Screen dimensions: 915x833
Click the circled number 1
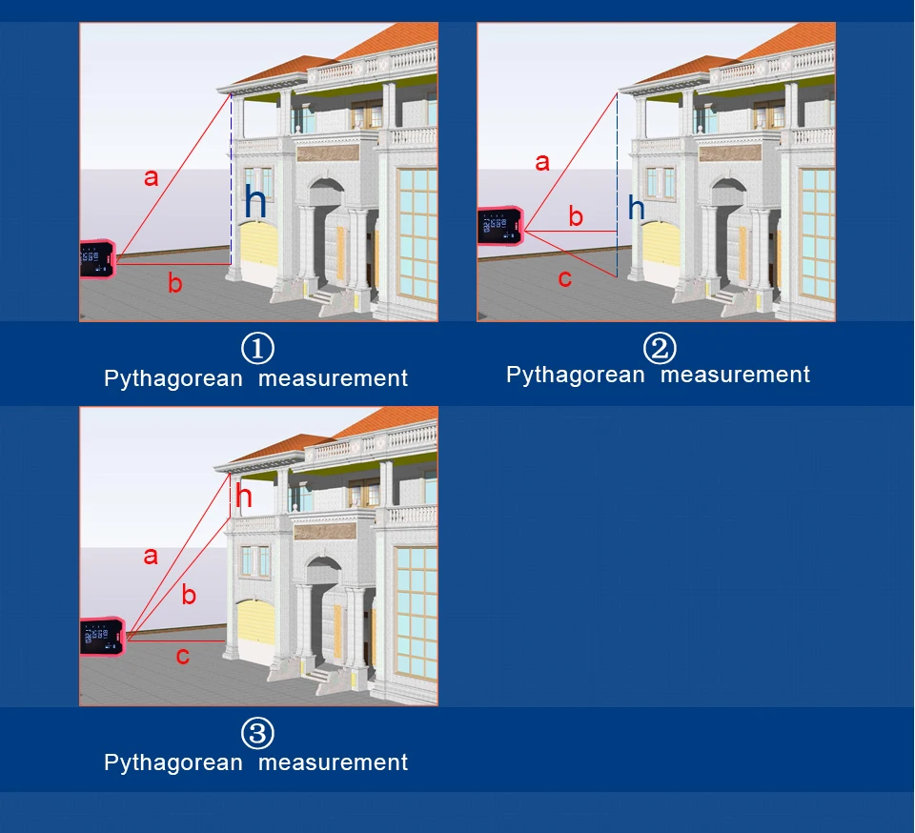[257, 348]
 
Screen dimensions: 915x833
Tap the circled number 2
[659, 348]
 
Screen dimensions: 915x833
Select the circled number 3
[257, 733]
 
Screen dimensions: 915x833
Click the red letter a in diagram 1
[151, 177]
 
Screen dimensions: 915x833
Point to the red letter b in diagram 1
[174, 283]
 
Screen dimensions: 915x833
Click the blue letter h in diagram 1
[255, 202]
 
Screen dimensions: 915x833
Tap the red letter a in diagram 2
[542, 163]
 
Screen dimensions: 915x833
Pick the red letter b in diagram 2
[576, 217]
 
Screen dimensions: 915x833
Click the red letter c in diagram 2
[564, 278]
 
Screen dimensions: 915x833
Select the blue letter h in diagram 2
[636, 209]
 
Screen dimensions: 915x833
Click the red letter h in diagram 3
[244, 497]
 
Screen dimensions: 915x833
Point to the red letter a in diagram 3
[151, 557]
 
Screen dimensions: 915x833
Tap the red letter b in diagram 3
[189, 597]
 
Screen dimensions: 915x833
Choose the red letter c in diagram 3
[183, 656]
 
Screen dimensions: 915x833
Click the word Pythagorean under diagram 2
[575, 376]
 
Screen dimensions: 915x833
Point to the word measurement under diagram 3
[333, 763]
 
